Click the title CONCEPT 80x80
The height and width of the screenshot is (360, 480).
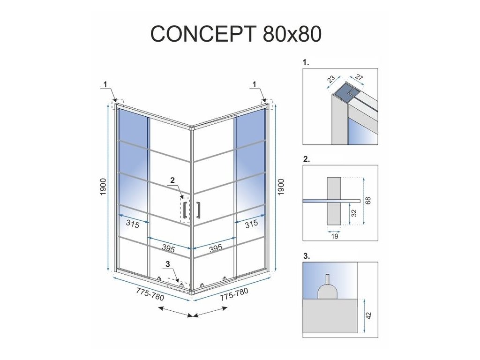(235, 34)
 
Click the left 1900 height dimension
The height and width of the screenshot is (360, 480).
(107, 187)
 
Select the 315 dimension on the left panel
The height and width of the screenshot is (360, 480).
(133, 224)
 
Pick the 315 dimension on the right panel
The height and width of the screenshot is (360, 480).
(251, 224)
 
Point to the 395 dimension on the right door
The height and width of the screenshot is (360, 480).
(216, 249)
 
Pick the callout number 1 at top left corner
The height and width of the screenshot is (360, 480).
(106, 84)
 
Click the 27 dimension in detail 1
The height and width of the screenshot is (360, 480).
(359, 77)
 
